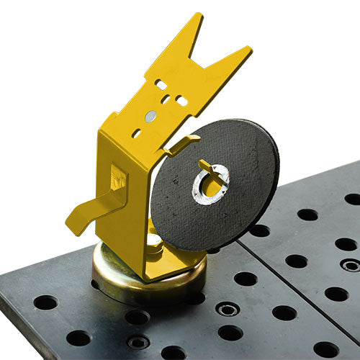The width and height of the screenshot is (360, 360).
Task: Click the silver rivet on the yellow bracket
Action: [150, 116]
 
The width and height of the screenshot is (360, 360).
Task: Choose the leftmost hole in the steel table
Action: [45, 302]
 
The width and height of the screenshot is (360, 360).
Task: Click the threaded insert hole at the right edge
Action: [350, 265]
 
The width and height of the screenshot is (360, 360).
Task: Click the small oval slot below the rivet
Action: [136, 133]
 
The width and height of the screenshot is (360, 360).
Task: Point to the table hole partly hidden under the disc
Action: [213, 250]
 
